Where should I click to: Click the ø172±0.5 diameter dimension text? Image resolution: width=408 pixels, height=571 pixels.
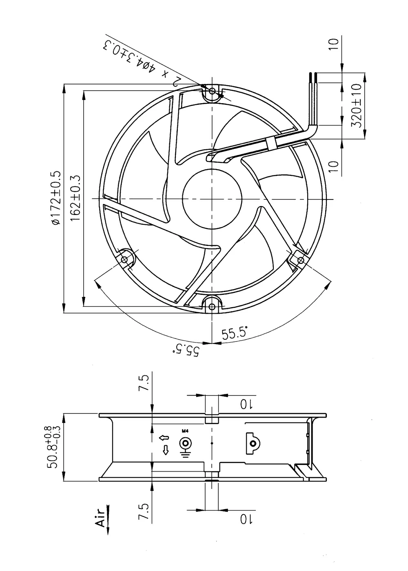56,198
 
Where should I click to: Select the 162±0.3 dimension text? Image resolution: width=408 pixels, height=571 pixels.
76,198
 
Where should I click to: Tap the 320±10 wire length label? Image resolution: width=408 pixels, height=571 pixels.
356,106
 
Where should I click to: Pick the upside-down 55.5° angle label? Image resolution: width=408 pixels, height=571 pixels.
186,350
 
